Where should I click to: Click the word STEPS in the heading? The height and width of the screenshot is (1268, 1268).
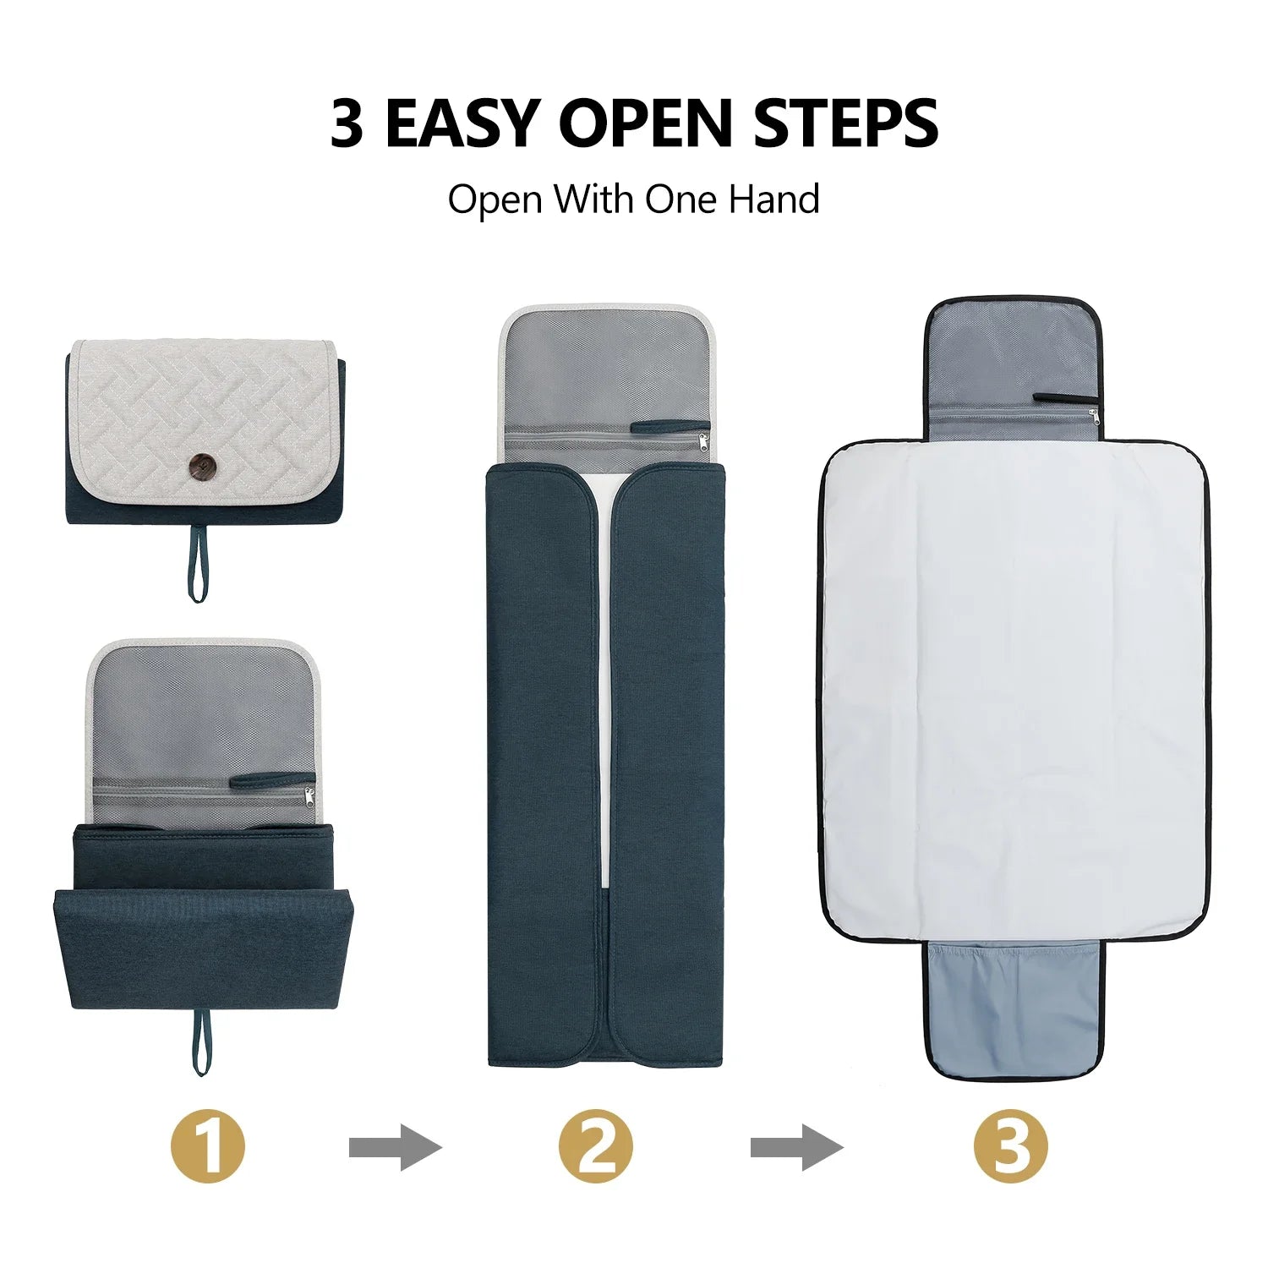pyautogui.click(x=845, y=123)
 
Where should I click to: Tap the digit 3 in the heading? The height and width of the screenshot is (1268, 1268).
pyautogui.click(x=347, y=123)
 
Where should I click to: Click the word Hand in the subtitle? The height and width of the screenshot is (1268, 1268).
pyautogui.click(x=774, y=199)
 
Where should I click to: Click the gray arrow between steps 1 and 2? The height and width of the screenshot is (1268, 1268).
pyautogui.click(x=396, y=1148)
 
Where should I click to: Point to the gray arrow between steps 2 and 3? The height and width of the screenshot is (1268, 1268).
pyautogui.click(x=797, y=1148)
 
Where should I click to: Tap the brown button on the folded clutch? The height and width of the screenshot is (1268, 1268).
pyautogui.click(x=202, y=464)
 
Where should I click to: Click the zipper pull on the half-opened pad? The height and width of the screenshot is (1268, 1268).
pyautogui.click(x=309, y=795)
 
